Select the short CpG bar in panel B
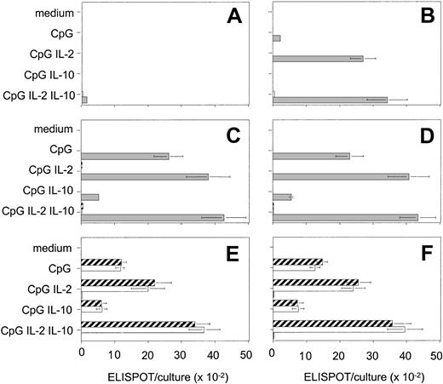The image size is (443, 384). [x=276, y=38]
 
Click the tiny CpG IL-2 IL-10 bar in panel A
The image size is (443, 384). [x=84, y=100]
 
